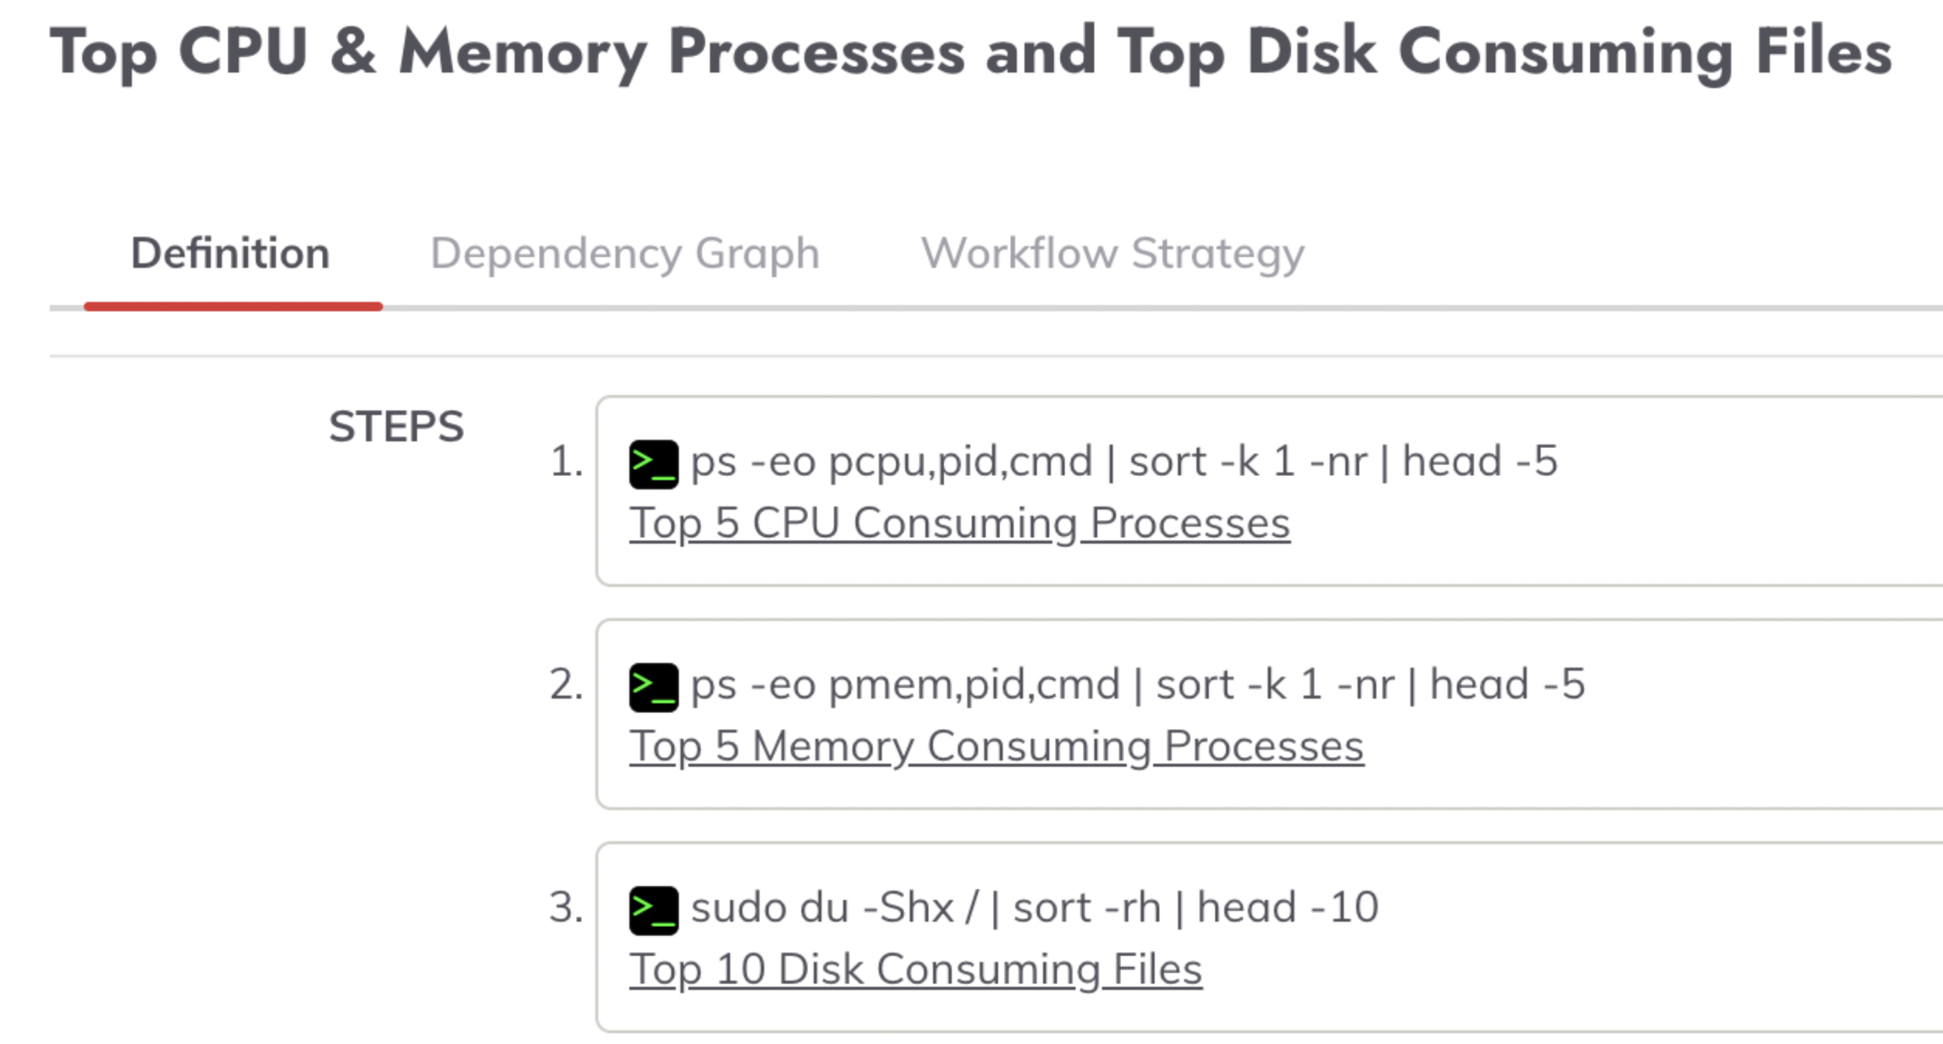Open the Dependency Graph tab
[624, 255]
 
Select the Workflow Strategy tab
[1112, 255]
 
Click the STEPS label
[396, 426]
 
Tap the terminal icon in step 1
[654, 464]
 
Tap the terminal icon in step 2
[654, 688]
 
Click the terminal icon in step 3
[654, 910]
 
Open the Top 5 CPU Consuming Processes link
[959, 523]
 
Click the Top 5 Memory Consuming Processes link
[997, 747]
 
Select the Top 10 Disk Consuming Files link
[915, 969]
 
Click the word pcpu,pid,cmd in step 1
[960, 462]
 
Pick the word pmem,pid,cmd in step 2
[974, 686]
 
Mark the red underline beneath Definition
[233, 306]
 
